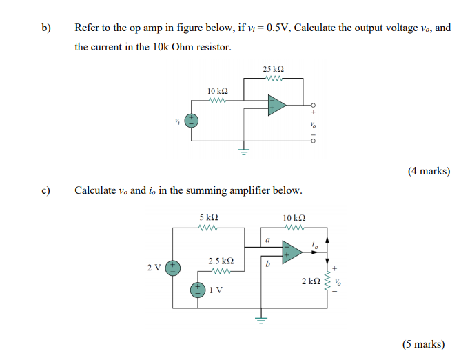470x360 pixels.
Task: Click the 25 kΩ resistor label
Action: pos(273,70)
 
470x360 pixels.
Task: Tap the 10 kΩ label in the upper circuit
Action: pos(218,91)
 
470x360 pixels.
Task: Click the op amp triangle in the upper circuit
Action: pos(276,107)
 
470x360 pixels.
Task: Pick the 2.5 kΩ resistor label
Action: pos(221,261)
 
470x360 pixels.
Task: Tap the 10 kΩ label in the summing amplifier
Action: pos(294,218)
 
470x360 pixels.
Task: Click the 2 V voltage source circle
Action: pos(176,266)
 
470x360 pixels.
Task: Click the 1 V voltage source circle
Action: pos(198,290)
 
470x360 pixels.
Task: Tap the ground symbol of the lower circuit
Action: pos(260,319)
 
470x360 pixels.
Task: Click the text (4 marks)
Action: pos(429,171)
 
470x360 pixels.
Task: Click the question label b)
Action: pos(46,28)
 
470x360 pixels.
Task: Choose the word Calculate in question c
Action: pos(95,190)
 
